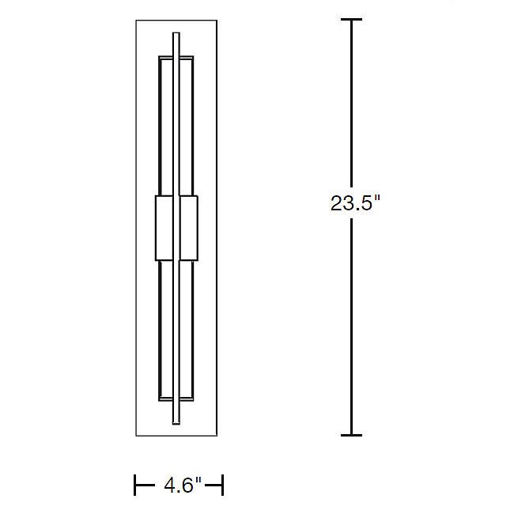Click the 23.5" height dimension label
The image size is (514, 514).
pyautogui.click(x=355, y=203)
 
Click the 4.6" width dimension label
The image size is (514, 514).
pyautogui.click(x=182, y=485)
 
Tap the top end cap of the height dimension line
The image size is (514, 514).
pyautogui.click(x=351, y=20)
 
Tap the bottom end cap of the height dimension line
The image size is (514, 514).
pyautogui.click(x=351, y=436)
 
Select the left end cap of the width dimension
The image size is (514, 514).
pyautogui.click(x=135, y=485)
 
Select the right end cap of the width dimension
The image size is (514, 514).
pyautogui.click(x=222, y=485)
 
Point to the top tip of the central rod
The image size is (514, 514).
pyautogui.click(x=176, y=32)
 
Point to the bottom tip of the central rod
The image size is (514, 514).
pyautogui.click(x=176, y=424)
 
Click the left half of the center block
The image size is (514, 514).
pyautogui.click(x=164, y=229)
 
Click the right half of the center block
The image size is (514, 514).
pyautogui.click(x=189, y=229)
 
